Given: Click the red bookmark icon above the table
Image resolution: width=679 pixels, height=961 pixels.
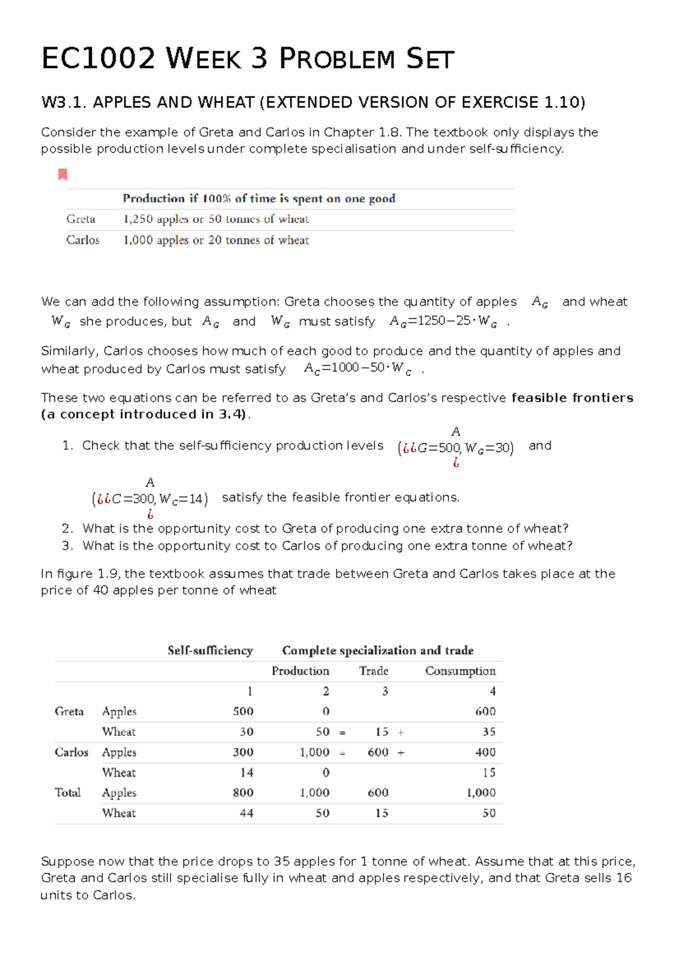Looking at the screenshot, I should [x=63, y=174].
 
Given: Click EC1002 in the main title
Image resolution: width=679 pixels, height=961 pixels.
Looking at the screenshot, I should [x=98, y=59].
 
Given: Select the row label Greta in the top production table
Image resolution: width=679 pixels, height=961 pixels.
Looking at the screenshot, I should [x=80, y=219].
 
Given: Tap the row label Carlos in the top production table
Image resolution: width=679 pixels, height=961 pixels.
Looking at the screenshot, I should [x=83, y=240].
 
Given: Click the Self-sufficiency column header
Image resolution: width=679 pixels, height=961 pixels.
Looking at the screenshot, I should [x=210, y=650].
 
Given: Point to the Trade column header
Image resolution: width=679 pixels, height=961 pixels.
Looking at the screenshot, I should [x=373, y=671].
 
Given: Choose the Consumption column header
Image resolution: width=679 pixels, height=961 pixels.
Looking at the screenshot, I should [x=460, y=671].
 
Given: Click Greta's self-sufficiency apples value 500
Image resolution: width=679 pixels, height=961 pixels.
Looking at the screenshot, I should [x=243, y=711].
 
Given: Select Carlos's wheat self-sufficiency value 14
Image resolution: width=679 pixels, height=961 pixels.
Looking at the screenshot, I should [x=246, y=773].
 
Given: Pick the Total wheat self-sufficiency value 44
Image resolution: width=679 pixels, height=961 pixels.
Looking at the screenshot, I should [x=246, y=813].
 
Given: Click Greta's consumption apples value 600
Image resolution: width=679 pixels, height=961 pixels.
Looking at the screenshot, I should [x=485, y=711].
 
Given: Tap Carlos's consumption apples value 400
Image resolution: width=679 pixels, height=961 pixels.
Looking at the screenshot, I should [x=485, y=752].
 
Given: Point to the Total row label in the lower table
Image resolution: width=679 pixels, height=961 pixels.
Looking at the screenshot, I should [x=68, y=793].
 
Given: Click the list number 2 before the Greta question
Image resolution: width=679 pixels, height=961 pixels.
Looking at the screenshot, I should [x=67, y=529].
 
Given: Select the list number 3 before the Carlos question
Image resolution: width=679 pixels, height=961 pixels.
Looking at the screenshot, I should [x=67, y=546].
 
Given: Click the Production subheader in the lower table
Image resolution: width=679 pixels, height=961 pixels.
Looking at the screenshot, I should [x=300, y=671].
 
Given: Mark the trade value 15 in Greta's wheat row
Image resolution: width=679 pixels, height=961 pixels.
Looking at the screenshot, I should [x=381, y=732].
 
